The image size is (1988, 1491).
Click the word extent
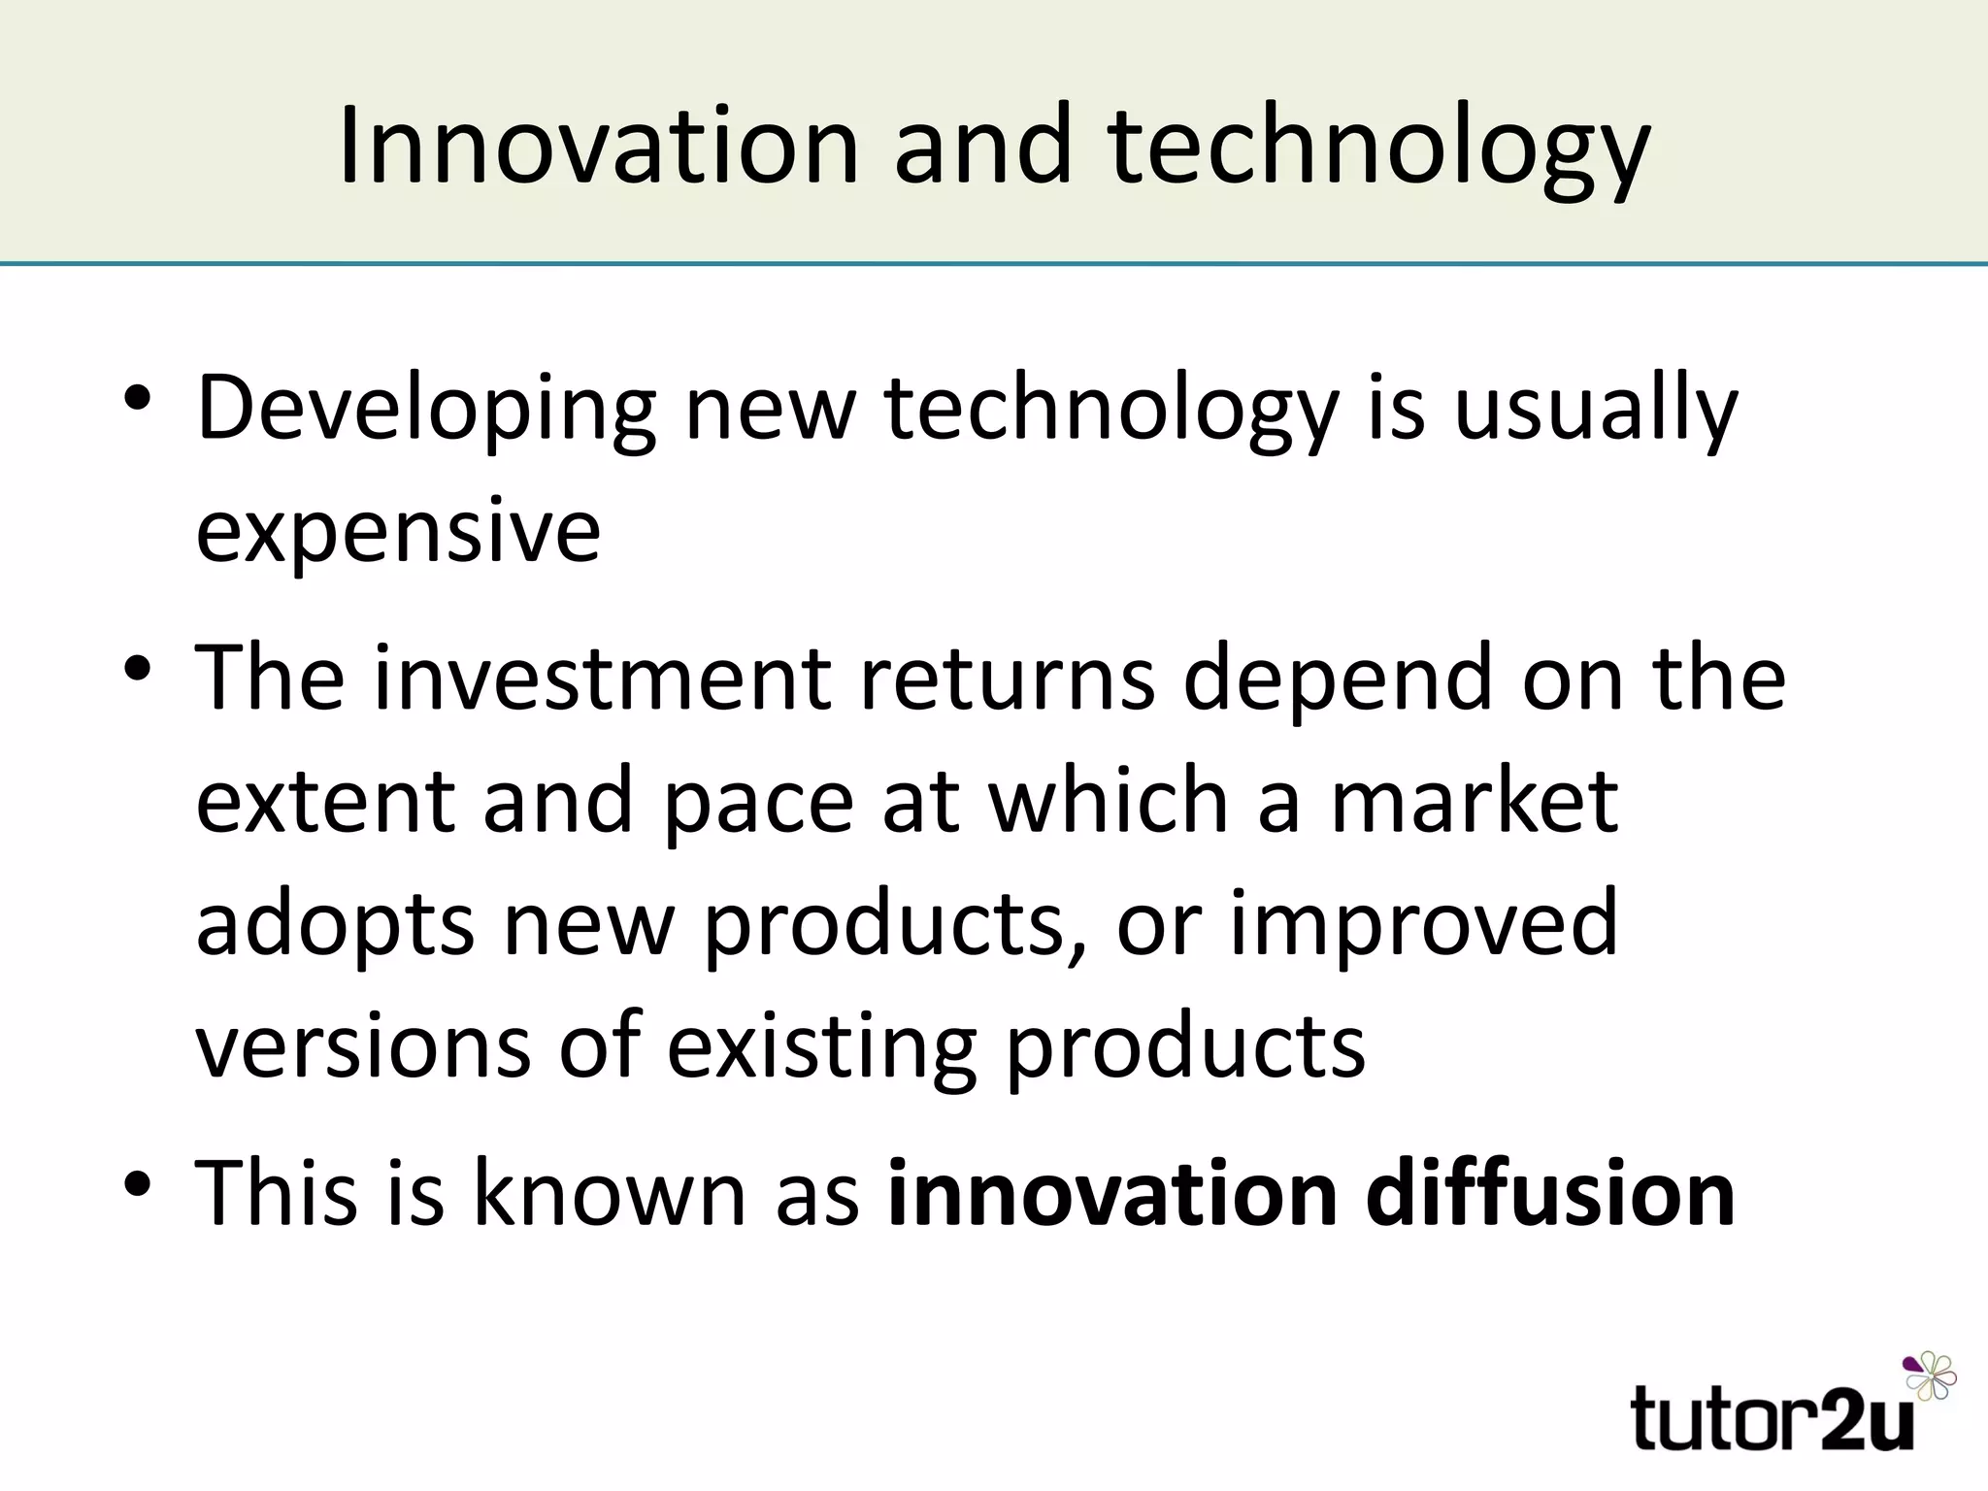pyautogui.click(x=325, y=802)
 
